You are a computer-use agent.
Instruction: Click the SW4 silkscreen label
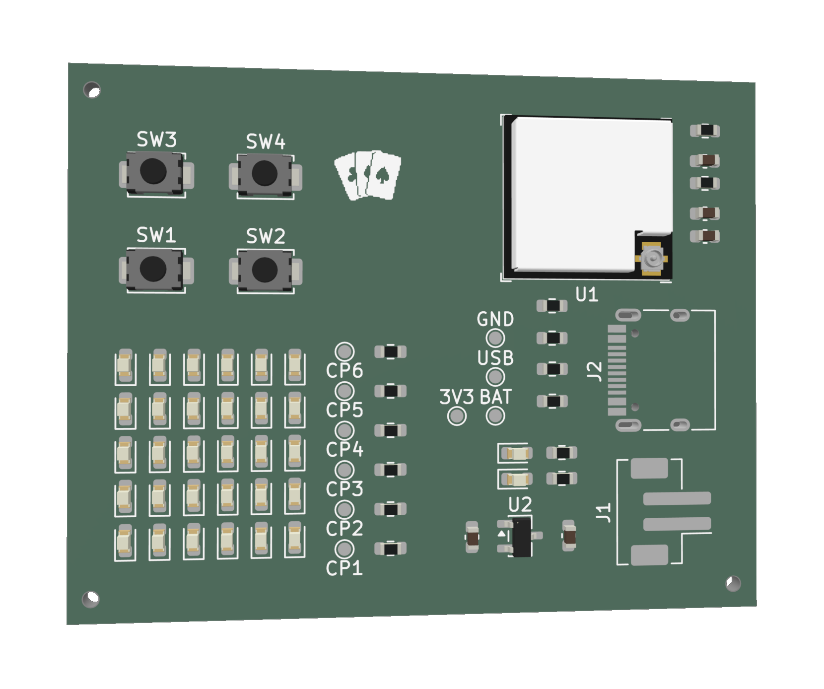266,142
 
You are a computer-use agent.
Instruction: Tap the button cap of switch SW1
153,268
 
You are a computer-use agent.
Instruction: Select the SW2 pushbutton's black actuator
265,270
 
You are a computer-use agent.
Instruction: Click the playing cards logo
368,175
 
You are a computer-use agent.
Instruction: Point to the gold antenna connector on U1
652,259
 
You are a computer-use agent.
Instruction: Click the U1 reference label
587,295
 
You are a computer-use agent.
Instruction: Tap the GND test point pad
495,338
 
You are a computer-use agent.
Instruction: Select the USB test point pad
495,377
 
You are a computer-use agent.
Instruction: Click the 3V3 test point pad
457,416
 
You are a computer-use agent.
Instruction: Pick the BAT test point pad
495,416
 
